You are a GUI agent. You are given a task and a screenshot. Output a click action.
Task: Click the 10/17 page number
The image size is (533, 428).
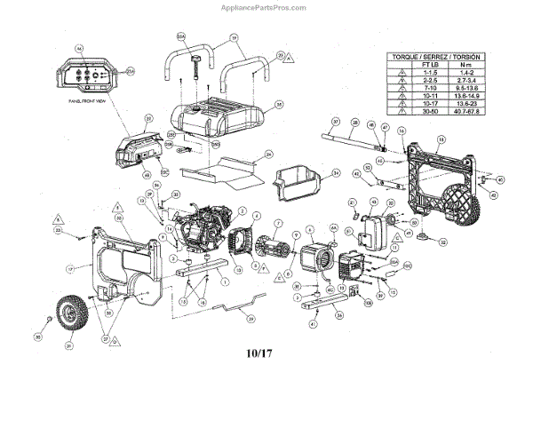pos(266,353)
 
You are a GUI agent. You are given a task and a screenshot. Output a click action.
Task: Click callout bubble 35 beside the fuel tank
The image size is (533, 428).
pos(279,104)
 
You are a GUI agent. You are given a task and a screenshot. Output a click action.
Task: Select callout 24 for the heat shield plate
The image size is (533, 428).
pos(268,154)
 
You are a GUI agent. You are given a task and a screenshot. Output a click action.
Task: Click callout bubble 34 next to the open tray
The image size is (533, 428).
pos(336,172)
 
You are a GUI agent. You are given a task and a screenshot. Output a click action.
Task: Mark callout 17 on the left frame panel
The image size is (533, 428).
pos(68,267)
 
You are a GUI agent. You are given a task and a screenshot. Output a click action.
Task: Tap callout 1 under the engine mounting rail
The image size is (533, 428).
pos(224,281)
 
